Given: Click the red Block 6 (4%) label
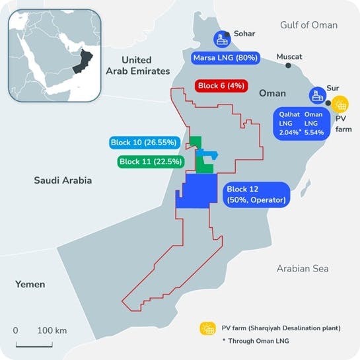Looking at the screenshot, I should (221, 86).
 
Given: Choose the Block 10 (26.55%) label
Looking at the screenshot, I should (144, 142).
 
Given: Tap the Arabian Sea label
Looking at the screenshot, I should (303, 268).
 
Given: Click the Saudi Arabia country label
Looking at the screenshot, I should (63, 180).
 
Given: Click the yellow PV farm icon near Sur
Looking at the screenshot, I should (340, 104).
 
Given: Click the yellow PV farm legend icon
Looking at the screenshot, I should (209, 328).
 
